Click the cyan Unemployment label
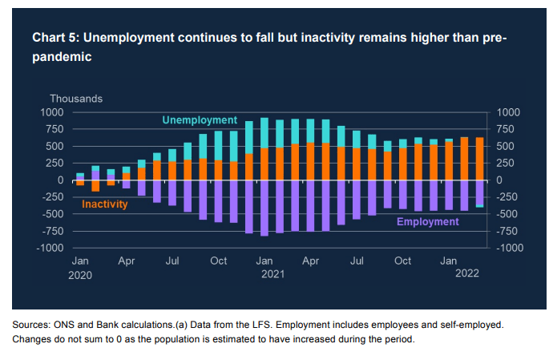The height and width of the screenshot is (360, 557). tap(200, 120)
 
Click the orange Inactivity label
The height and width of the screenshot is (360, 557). tap(105, 204)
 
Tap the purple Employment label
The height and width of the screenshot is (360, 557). tap(429, 221)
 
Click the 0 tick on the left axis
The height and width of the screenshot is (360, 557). tap(59, 180)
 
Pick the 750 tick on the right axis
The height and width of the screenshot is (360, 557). tap(507, 130)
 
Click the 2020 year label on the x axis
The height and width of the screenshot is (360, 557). tap(81, 274)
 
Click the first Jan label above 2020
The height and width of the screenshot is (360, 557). tap(80, 261)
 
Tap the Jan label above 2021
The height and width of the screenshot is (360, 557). tap(264, 261)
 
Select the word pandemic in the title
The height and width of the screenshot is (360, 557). tap(61, 57)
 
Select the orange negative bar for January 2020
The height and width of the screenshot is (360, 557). tap(80, 183)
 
